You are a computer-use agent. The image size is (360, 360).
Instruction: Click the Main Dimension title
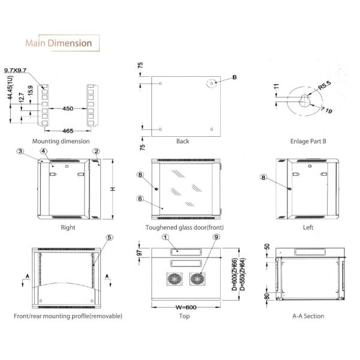tap(59, 43)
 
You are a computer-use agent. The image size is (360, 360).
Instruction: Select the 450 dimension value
tap(68, 109)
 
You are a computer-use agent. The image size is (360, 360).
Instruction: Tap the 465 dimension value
tap(68, 131)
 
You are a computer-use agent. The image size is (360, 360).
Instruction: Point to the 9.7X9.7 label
tap(16, 70)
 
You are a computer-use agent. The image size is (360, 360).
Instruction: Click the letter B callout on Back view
tap(235, 77)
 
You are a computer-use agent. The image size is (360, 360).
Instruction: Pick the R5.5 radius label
tap(325, 85)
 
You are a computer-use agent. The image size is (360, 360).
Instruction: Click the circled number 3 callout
tap(20, 151)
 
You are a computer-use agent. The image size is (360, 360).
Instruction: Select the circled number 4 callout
tap(43, 151)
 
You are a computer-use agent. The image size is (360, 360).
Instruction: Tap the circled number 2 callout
tap(96, 151)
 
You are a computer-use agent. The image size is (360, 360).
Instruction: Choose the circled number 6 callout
tap(140, 199)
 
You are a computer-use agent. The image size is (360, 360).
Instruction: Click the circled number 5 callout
tap(109, 238)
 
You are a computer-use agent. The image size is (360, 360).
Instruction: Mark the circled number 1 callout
tap(166, 237)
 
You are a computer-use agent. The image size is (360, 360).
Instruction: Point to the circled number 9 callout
tap(216, 237)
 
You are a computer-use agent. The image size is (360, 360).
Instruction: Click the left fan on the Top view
tap(175, 279)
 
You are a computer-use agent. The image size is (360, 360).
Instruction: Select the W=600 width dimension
tap(186, 307)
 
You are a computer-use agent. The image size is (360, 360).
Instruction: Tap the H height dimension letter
tap(113, 189)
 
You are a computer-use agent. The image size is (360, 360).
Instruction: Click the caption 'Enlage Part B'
tap(308, 141)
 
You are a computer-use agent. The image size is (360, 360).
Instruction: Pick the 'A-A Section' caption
tap(308, 316)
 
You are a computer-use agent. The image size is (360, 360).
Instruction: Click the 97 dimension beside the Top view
tap(139, 253)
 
